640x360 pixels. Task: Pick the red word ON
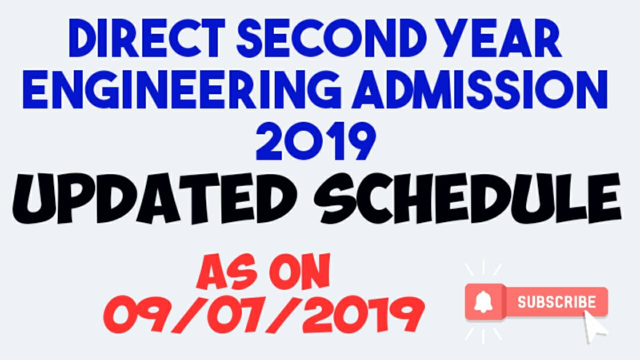coord(298,272)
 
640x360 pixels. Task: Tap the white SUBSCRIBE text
coord(556,302)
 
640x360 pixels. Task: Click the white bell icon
coord(483,301)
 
